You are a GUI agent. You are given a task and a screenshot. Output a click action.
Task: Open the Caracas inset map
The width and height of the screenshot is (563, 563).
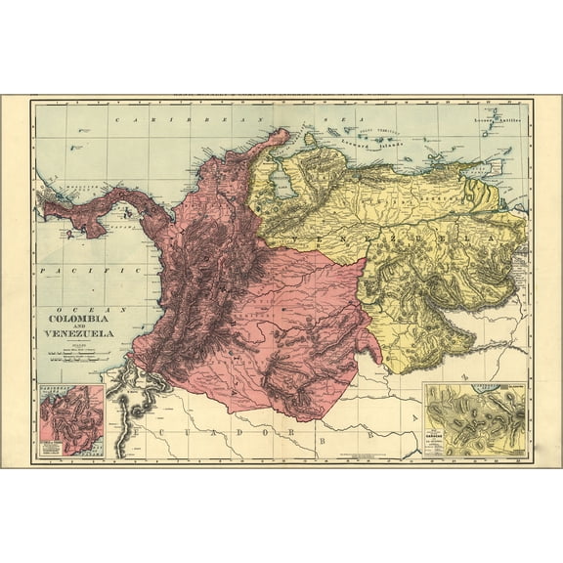[473, 420]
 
